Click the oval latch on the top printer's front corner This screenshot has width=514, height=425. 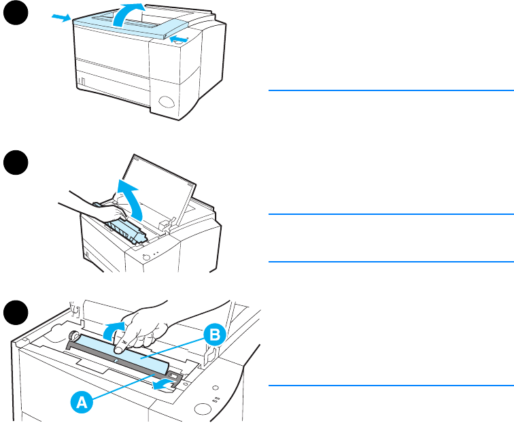pyautogui.click(x=167, y=104)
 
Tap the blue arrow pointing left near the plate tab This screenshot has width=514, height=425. pyautogui.click(x=161, y=386)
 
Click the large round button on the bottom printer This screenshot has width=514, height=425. pyautogui.click(x=203, y=409)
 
